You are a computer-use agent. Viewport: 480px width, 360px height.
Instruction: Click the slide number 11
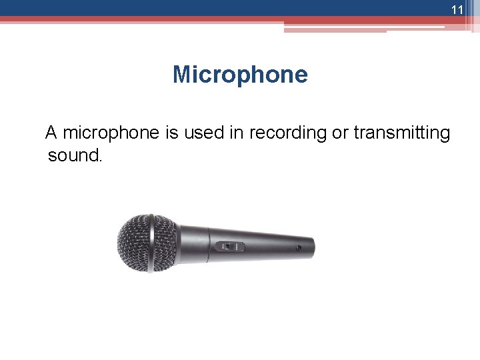coord(457,10)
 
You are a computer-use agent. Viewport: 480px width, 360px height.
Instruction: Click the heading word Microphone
coord(240,74)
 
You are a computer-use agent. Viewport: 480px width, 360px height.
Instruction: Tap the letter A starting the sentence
coord(51,133)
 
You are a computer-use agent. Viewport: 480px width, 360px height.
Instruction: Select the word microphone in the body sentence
coord(111,133)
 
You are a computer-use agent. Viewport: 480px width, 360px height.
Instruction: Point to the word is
coord(172,133)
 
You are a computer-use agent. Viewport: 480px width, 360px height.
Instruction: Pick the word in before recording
coord(236,133)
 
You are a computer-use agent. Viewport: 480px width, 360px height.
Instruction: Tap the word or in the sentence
coord(340,133)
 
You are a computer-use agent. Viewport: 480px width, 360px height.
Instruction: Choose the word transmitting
coord(402,133)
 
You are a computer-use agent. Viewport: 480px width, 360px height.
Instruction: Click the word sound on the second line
coord(73,156)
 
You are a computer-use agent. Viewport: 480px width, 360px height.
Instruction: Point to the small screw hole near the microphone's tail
coord(298,248)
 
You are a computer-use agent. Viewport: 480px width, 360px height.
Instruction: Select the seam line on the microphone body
coord(210,245)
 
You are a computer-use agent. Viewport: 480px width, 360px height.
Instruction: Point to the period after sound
coord(101,161)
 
